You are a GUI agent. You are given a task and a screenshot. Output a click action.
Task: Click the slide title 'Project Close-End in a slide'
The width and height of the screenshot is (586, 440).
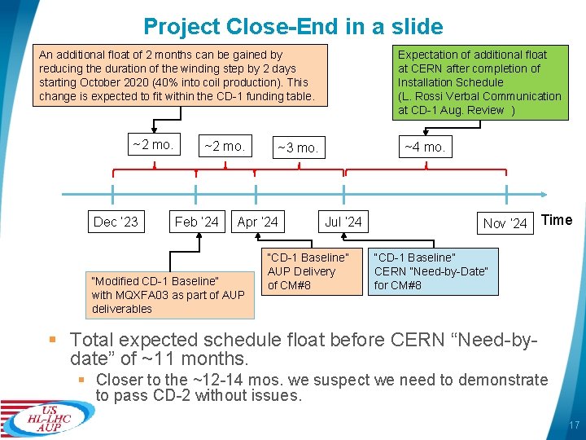tap(293, 26)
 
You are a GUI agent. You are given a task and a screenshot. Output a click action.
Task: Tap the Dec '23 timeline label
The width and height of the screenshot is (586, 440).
tap(116, 222)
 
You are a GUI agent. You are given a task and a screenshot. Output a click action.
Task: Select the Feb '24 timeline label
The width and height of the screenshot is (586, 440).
tap(197, 222)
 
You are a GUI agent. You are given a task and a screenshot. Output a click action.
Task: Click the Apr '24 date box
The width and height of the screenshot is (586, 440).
tap(258, 222)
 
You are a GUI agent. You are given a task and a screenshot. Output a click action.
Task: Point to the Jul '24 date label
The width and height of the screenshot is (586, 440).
tap(343, 222)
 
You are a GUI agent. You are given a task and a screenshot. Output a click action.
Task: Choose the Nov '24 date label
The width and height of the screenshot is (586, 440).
tap(505, 222)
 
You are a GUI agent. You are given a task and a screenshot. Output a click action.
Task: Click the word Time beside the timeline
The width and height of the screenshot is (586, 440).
tap(557, 220)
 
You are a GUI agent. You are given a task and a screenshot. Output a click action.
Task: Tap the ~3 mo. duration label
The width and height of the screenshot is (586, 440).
tap(297, 148)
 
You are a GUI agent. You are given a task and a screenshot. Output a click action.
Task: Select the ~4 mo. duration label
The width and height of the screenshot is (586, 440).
tap(424, 147)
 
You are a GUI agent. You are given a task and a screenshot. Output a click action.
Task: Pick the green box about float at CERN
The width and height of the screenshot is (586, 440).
tap(480, 82)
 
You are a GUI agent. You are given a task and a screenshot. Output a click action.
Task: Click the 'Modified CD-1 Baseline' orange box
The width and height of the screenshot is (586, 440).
tap(168, 295)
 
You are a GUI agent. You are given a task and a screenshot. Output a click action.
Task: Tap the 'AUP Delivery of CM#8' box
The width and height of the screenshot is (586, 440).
tap(308, 271)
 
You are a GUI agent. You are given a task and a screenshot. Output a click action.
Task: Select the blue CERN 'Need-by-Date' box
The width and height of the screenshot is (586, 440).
tap(431, 271)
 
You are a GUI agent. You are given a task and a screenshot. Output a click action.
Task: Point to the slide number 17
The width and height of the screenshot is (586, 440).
tap(573, 425)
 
